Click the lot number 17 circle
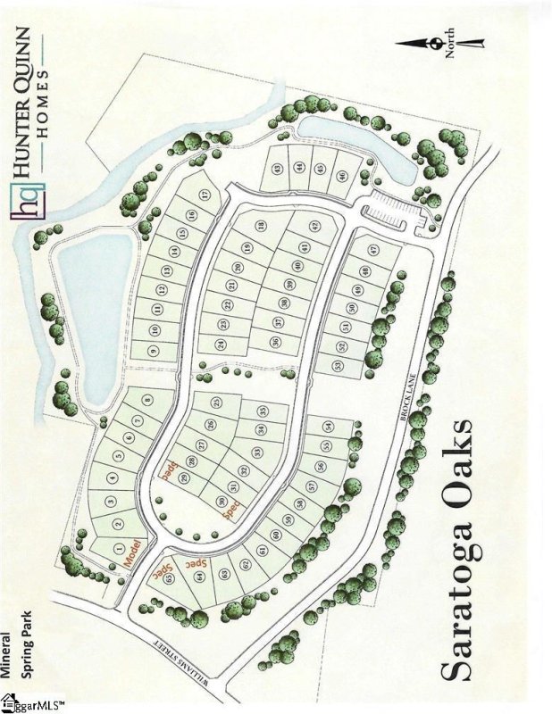pyautogui.click(x=205, y=195)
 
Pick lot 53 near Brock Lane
pyautogui.click(x=338, y=365)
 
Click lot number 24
pyautogui.click(x=221, y=344)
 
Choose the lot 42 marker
pyautogui.click(x=314, y=224)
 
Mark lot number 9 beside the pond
pyautogui.click(x=154, y=353)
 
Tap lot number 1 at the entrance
pyautogui.click(x=119, y=547)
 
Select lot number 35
pyautogui.click(x=263, y=411)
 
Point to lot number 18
pyautogui.click(x=261, y=225)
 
